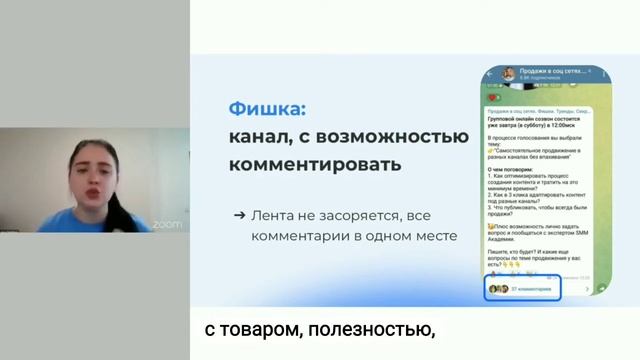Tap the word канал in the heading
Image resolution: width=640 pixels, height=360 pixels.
pos(263,135)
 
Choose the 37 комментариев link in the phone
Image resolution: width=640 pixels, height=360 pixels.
pos(531,288)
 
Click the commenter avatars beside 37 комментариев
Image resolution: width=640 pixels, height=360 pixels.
pos(498,288)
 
